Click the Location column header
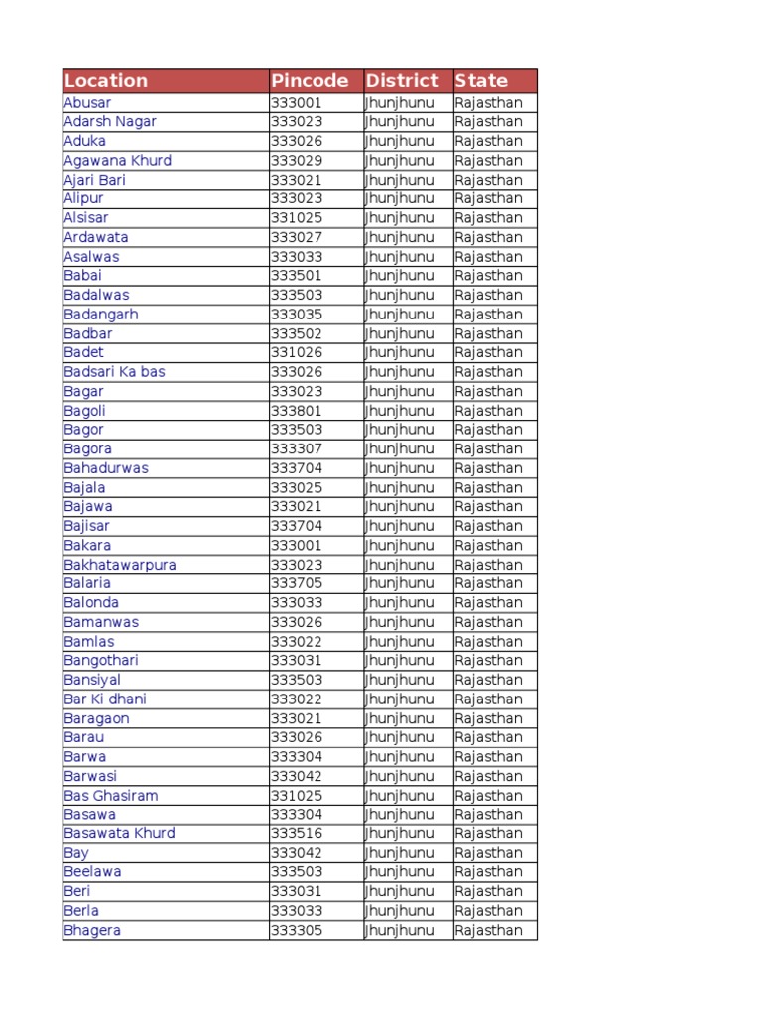(106, 81)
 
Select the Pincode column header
(310, 81)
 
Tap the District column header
(402, 81)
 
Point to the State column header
(481, 81)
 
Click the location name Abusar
(87, 102)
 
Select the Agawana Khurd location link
(117, 160)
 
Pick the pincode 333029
(297, 160)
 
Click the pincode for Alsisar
(297, 217)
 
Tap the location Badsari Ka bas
(114, 372)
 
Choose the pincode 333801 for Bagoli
(297, 411)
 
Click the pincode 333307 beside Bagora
(297, 448)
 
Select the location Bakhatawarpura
(120, 565)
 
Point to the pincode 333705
(297, 583)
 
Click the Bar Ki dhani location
(105, 698)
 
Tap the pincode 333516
(297, 833)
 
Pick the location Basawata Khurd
(119, 833)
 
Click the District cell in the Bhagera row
(400, 930)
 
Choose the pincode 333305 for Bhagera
(297, 930)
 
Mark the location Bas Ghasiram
(110, 795)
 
